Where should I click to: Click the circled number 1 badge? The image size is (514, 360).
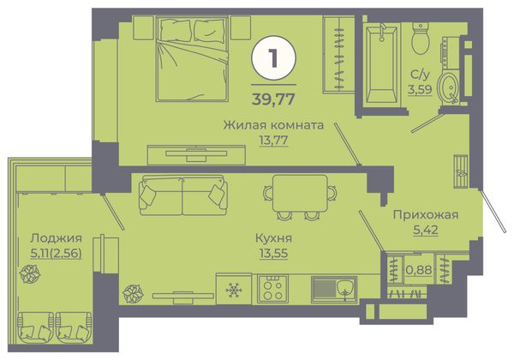coord(274,58)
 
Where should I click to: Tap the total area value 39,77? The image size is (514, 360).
coord(273,99)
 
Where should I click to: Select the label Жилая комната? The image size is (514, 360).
coord(273,125)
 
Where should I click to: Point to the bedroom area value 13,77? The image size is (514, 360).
coord(273,140)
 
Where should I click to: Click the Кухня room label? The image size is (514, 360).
coord(273,238)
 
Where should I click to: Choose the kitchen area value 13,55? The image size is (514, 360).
coord(273,253)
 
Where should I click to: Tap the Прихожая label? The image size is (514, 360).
coord(426,215)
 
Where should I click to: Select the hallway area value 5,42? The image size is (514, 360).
coord(426,230)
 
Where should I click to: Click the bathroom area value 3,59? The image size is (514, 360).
coord(420,89)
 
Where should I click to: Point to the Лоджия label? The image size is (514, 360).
coord(56,238)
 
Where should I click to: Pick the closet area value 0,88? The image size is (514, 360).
coord(419,270)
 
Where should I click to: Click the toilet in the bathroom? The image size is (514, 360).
coord(421,39)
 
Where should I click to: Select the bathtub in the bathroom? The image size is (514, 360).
coord(381,63)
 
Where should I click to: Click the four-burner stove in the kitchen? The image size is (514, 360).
coord(272,289)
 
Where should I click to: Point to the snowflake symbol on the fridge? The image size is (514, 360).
coord(234,290)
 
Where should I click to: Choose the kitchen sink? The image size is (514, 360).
coord(334,290)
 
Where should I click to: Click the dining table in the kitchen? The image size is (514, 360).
coord(300,194)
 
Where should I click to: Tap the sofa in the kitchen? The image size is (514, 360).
coord(183,195)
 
